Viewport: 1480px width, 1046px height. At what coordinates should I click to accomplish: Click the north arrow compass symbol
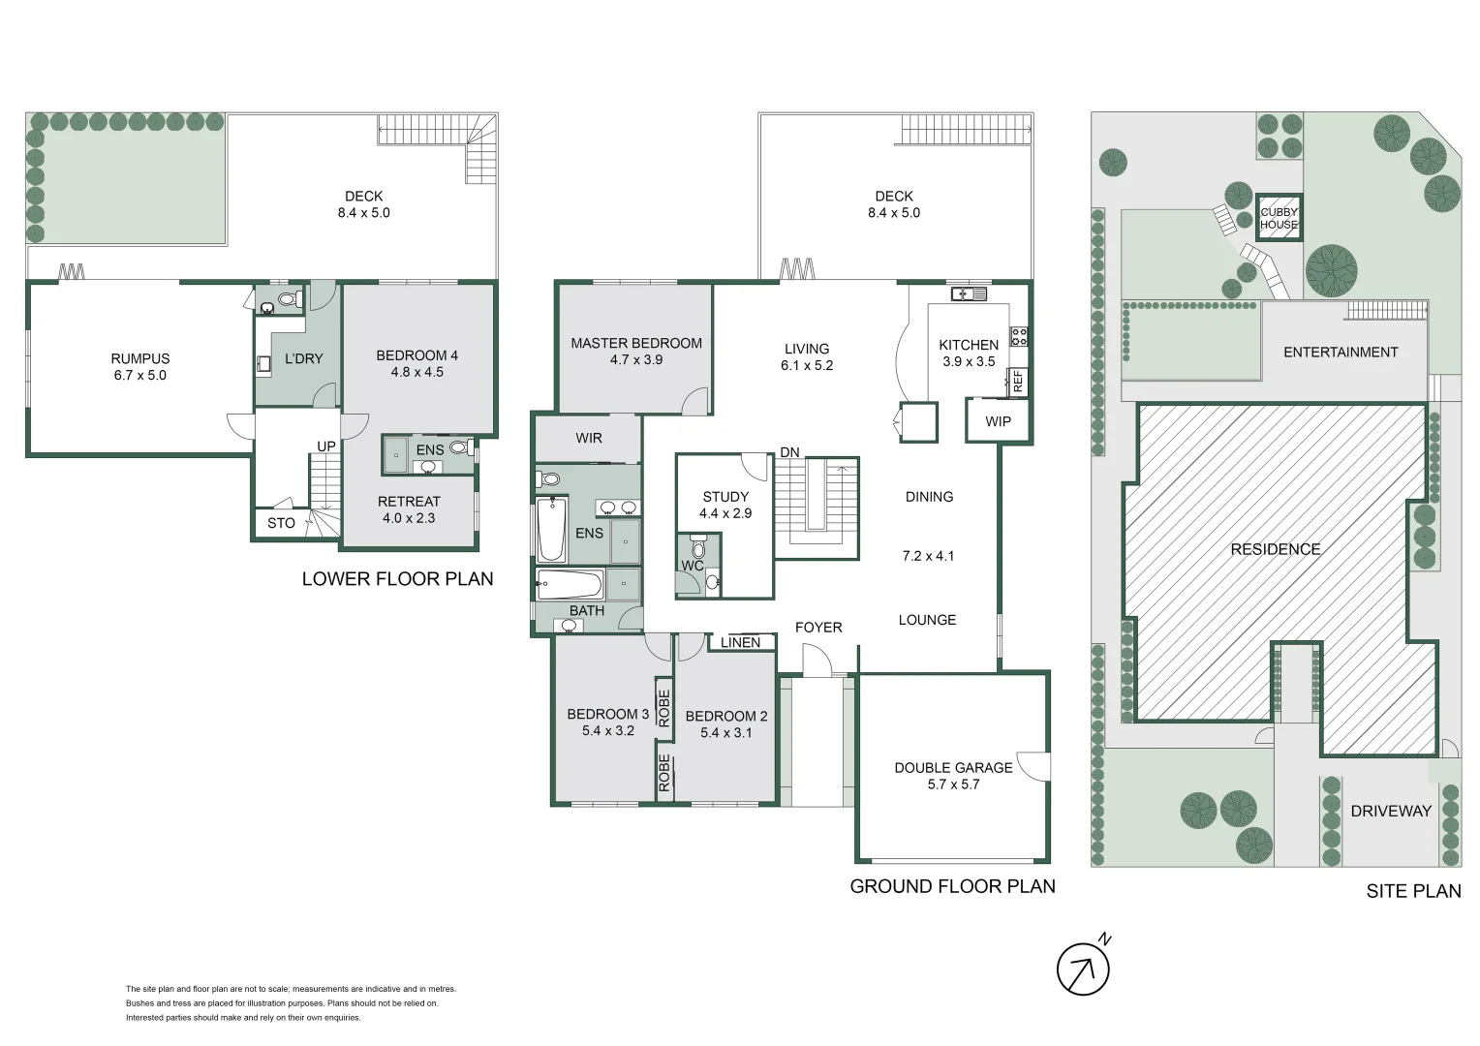click(x=1083, y=969)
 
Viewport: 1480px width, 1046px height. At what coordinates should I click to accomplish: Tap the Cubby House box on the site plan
click(x=1279, y=218)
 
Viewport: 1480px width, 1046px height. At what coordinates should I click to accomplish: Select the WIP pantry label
click(x=998, y=421)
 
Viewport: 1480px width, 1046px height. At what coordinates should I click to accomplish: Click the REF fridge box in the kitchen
click(x=1017, y=381)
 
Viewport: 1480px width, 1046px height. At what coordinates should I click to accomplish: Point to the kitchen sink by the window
click(x=968, y=293)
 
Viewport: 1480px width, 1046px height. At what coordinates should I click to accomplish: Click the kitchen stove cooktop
click(x=1019, y=337)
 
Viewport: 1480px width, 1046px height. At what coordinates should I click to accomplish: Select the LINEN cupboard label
click(x=740, y=642)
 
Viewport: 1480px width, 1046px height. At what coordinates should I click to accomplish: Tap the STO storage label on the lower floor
click(x=281, y=523)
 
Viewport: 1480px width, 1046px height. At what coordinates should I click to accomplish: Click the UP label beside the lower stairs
click(x=326, y=446)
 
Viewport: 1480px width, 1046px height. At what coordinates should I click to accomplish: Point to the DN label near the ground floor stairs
click(x=789, y=452)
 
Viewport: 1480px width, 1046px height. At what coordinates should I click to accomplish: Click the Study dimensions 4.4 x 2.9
click(x=725, y=513)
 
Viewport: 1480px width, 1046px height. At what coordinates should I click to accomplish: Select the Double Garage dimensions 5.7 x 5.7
click(x=953, y=784)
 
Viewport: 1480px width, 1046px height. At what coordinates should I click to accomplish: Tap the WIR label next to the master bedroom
click(x=589, y=438)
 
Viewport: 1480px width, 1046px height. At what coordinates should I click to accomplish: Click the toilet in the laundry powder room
click(x=288, y=298)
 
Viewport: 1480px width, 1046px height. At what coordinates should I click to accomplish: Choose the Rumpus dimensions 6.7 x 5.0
click(x=140, y=375)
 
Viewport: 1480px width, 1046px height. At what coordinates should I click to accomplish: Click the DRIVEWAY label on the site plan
click(x=1391, y=811)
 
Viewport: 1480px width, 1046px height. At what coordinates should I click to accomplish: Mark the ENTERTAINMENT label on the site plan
click(x=1341, y=352)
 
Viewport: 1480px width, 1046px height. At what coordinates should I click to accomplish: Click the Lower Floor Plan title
click(x=397, y=578)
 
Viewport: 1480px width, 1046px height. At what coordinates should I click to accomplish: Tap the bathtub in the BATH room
click(x=570, y=584)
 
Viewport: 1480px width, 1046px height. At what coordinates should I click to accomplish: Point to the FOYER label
click(x=818, y=628)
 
